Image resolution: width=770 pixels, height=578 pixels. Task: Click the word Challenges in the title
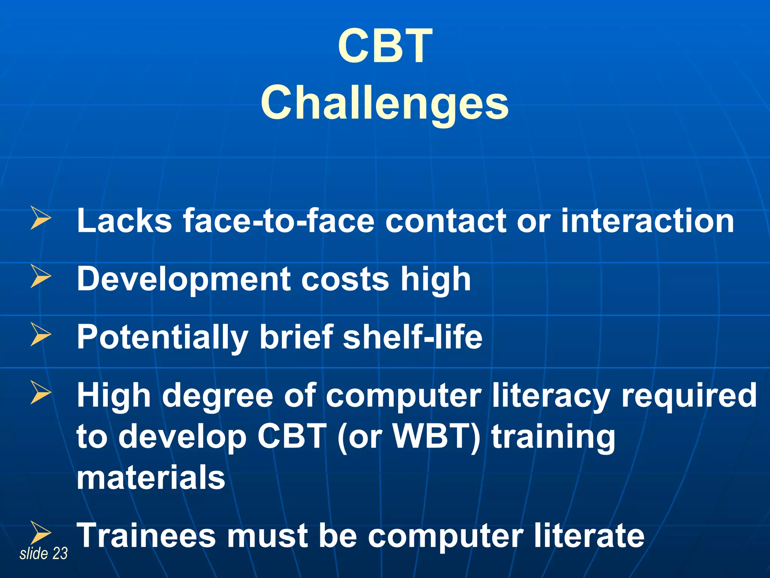point(385,103)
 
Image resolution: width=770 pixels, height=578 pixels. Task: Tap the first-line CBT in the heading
point(385,46)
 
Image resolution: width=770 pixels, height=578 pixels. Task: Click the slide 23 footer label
point(44,554)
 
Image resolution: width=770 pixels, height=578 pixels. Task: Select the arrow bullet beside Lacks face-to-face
point(41,218)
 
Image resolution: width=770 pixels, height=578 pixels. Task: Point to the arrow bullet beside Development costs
point(41,276)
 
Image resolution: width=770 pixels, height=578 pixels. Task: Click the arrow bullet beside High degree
point(41,393)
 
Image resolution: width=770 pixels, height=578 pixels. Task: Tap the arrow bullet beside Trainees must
point(41,532)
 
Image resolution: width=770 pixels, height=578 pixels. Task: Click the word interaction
point(647,221)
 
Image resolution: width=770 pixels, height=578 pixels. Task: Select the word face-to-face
point(279,221)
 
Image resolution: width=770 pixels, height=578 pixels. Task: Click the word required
point(689,397)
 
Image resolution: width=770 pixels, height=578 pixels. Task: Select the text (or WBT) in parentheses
point(409,437)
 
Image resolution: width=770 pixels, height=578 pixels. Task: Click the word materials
point(151,478)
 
